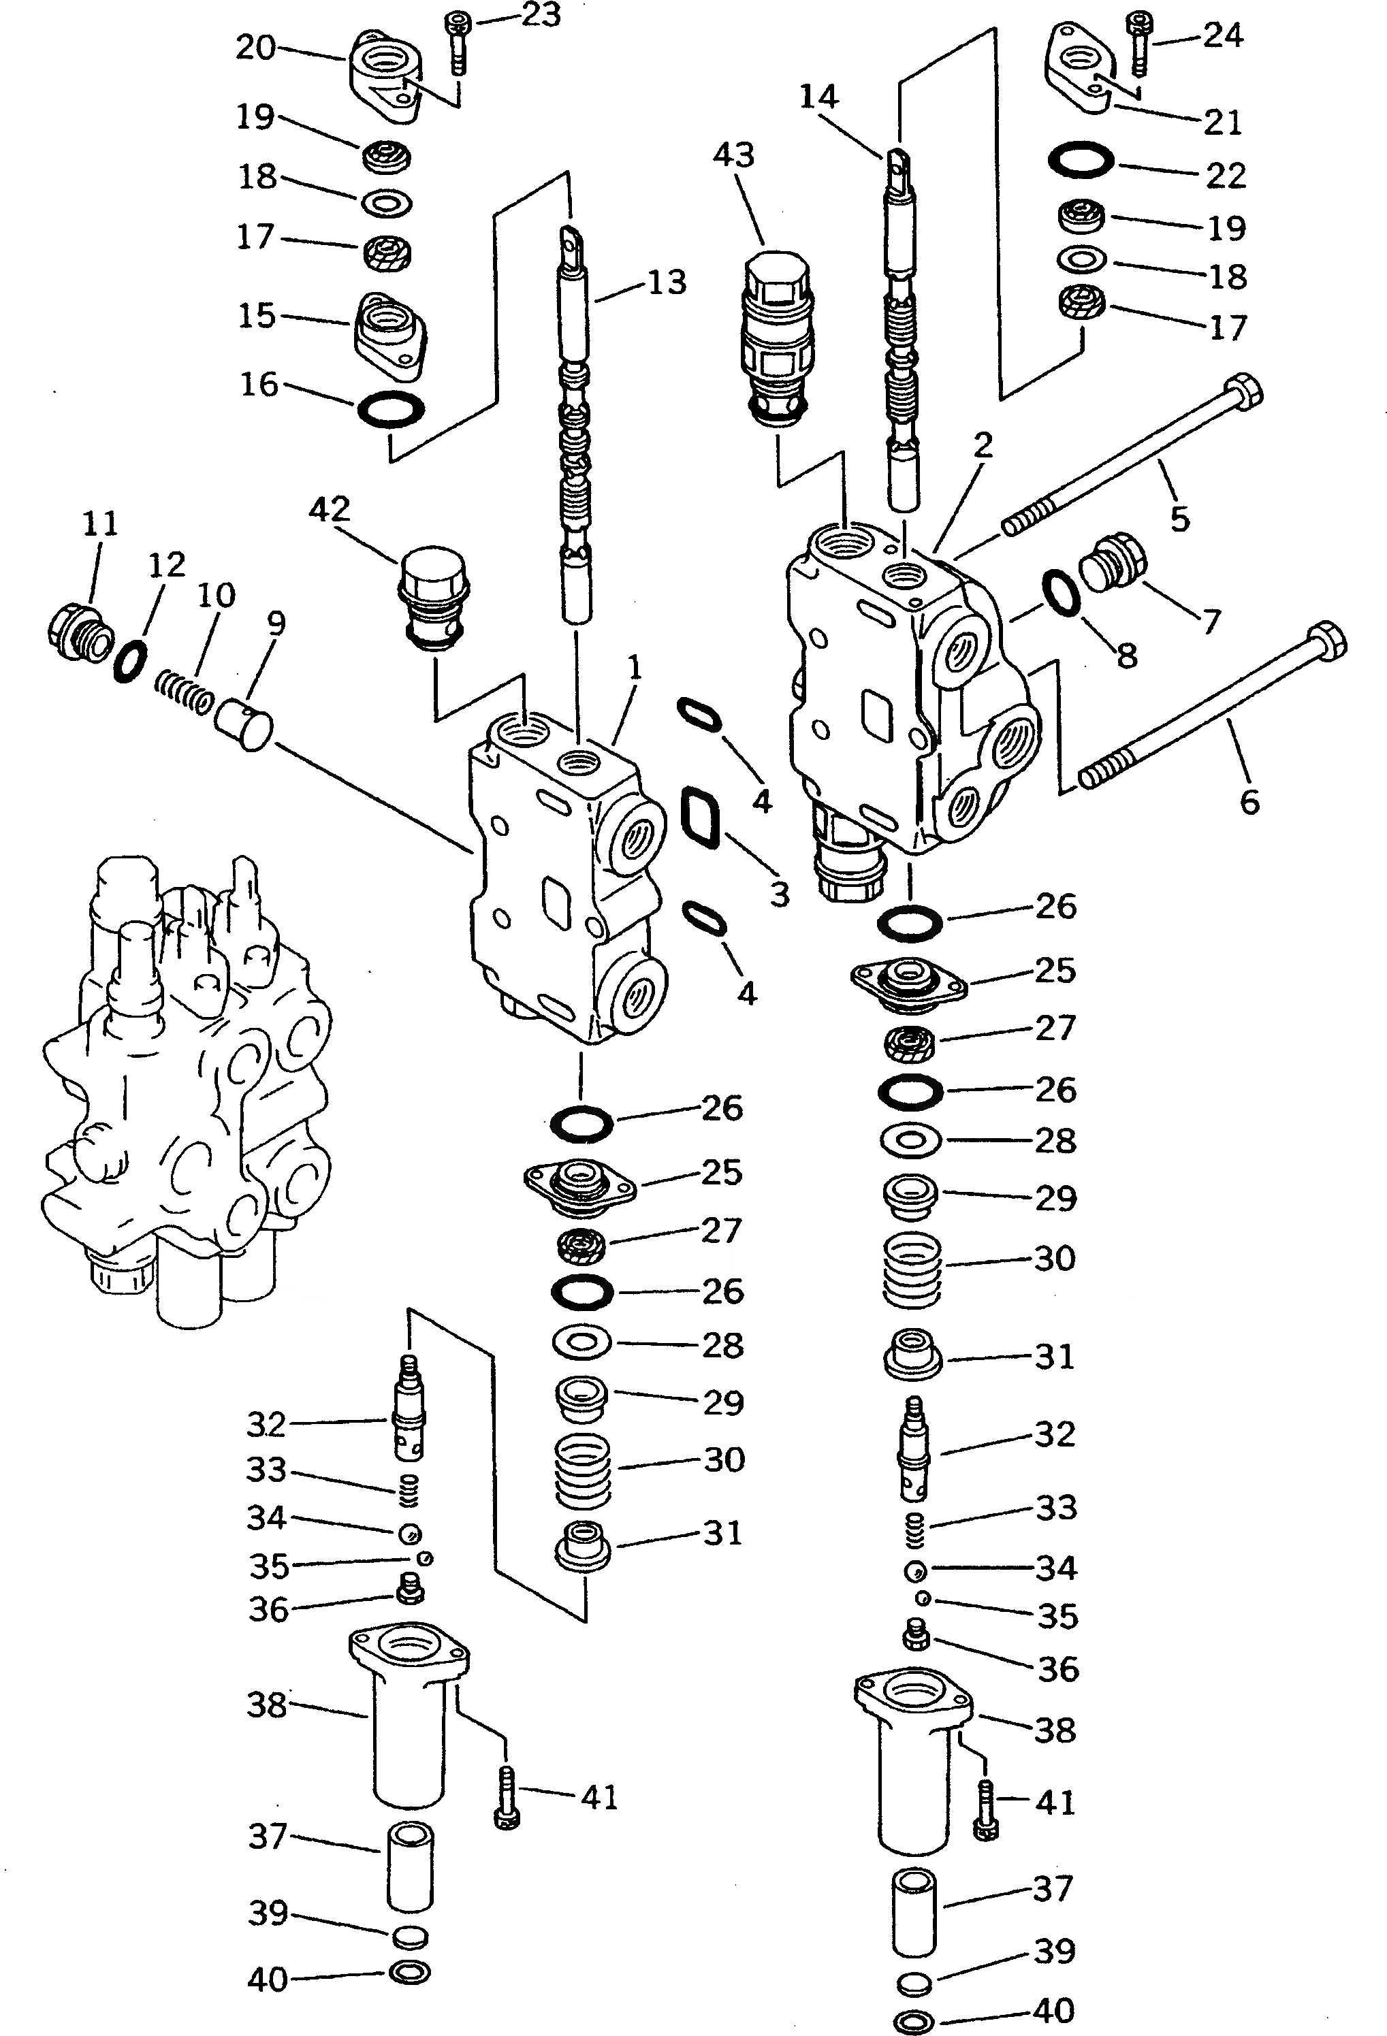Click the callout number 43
coord(733,155)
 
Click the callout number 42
coord(330,509)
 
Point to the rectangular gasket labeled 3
coord(700,815)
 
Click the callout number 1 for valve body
coord(635,668)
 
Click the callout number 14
coord(818,97)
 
